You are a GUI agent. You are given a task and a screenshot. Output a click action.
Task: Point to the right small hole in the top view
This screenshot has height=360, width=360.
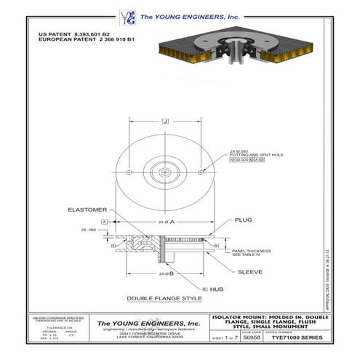201,172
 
